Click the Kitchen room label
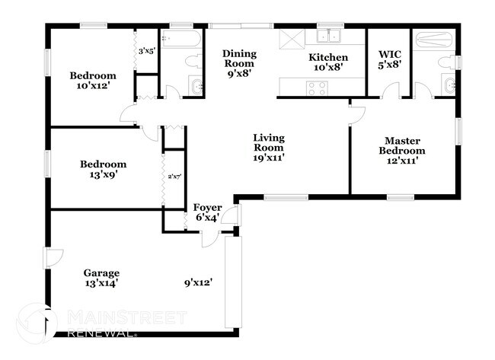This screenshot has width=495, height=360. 328,58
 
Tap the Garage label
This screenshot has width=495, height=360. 101,273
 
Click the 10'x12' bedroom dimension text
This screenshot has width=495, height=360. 93,87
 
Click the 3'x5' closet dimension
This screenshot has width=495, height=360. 145,52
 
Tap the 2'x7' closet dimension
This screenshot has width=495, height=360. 174,178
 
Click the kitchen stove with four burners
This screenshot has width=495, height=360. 317,88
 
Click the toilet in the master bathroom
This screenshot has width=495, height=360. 450,61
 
